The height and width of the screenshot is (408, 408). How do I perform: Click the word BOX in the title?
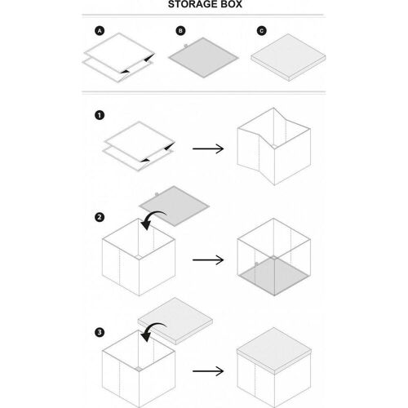(x=231, y=4)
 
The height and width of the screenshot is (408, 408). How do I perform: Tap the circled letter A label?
(x=100, y=31)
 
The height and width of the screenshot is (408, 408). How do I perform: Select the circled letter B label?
(x=180, y=31)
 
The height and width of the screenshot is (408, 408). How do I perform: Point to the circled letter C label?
(x=262, y=31)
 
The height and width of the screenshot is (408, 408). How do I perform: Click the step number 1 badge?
(x=100, y=115)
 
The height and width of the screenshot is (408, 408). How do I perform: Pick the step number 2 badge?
(x=100, y=217)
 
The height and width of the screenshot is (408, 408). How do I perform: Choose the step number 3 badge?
(x=100, y=332)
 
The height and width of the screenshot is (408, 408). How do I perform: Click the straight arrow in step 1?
(x=208, y=149)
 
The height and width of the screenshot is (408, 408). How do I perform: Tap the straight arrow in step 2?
(x=208, y=260)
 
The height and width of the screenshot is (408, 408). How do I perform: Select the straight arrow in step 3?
(x=208, y=371)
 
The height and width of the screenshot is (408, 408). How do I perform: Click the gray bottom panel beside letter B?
(x=203, y=58)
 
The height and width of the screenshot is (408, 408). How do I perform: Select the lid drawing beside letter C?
(x=288, y=57)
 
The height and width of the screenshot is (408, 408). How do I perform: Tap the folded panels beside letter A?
(x=119, y=58)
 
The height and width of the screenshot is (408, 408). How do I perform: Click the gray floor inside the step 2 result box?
(x=273, y=276)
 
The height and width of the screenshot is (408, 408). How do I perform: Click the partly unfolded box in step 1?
(x=274, y=147)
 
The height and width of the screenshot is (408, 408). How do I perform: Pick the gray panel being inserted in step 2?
(x=175, y=206)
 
